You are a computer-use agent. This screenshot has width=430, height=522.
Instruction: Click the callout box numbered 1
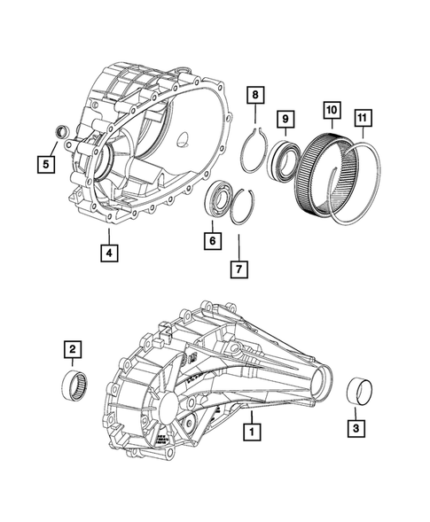coord(253,433)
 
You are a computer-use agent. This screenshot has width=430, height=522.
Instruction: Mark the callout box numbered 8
coord(254,94)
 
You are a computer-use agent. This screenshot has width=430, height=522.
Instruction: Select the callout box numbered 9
coord(287,117)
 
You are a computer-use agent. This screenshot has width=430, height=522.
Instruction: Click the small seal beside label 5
coord(61,134)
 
